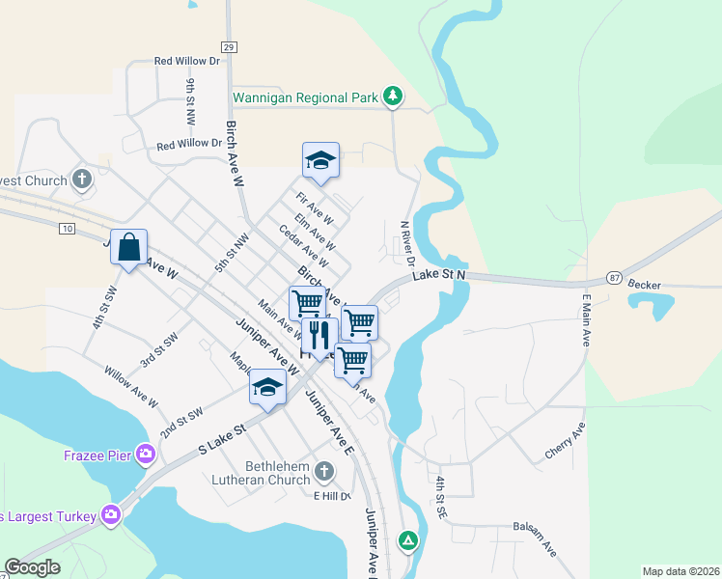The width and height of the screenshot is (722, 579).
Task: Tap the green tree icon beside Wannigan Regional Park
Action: pos(392,96)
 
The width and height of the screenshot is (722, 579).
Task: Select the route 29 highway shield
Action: pos(228,46)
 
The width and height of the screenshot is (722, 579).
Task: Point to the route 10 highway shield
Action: pos(66,228)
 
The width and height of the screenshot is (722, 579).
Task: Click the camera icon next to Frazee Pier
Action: pos(146,454)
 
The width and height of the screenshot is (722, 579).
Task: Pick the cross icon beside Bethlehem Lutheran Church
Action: pos(324,472)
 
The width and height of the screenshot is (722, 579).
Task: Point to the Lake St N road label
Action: pos(440,276)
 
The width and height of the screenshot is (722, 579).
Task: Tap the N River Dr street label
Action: pos(407,243)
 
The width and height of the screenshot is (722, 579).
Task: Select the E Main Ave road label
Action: pos(585,323)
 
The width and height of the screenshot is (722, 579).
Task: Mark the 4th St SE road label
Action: pos(439,498)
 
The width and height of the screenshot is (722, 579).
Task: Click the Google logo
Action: pos(33,567)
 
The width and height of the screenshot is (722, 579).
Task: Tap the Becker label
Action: pos(644,285)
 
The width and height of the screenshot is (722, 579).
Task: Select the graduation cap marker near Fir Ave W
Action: pos(320,161)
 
